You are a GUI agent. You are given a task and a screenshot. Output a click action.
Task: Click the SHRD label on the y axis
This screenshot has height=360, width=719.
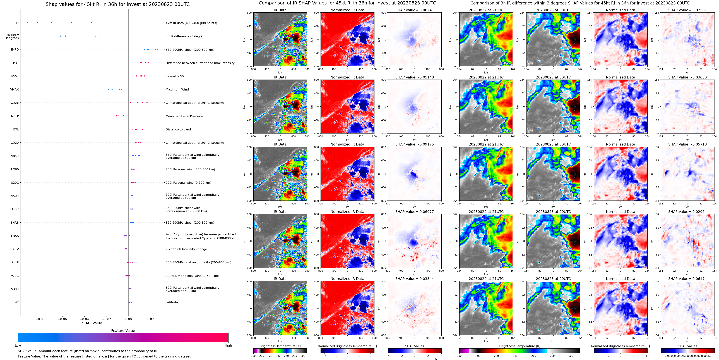[15, 49]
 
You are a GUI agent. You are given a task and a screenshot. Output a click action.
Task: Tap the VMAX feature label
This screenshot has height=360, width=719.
[15, 89]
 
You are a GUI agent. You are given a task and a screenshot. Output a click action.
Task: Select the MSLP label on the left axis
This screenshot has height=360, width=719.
[15, 116]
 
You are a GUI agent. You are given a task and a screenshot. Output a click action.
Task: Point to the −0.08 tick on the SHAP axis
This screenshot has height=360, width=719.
[40, 319]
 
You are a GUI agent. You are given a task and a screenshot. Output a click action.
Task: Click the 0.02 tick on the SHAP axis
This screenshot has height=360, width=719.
[150, 319]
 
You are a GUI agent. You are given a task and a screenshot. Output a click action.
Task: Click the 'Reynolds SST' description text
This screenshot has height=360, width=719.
[175, 76]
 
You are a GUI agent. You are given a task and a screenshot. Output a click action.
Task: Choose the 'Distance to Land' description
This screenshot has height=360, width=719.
[178, 130]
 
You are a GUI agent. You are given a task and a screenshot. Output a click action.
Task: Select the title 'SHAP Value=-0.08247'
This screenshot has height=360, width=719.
[415, 10]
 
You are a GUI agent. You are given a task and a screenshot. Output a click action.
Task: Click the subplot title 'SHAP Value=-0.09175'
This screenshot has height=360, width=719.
[415, 144]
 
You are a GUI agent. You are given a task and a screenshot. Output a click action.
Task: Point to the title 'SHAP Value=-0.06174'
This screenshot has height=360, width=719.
[687, 279]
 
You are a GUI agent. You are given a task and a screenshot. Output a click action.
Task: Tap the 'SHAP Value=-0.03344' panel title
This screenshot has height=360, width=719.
[415, 279]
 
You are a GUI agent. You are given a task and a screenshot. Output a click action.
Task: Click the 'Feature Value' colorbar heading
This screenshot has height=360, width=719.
[123, 331]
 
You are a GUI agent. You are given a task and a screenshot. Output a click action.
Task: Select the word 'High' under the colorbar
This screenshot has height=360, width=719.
[228, 345]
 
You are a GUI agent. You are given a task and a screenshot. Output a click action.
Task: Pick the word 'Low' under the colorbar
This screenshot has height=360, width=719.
[18, 345]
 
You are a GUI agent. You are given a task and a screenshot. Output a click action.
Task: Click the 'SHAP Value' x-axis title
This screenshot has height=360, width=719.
[92, 323]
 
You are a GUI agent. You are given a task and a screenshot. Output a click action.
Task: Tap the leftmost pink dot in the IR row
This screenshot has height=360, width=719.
[27, 23]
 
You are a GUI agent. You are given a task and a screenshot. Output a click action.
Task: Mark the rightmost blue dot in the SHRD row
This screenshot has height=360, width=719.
[157, 49]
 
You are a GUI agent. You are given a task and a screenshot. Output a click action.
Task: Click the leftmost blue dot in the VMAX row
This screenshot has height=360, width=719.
[109, 89]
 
